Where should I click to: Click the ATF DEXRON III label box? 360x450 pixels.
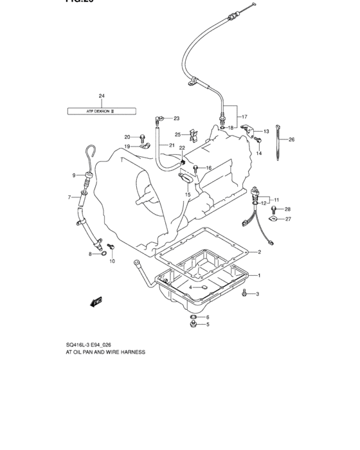(x=102, y=111)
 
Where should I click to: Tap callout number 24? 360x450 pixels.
(x=102, y=96)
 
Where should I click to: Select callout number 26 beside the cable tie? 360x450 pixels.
(x=291, y=139)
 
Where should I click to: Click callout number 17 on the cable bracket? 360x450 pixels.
(x=244, y=116)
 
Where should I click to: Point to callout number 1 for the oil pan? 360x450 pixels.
(x=259, y=276)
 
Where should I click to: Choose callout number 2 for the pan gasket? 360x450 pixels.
(x=259, y=251)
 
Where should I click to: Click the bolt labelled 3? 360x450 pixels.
(x=244, y=294)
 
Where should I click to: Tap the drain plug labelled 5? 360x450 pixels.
(x=192, y=325)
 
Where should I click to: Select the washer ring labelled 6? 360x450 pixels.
(x=192, y=317)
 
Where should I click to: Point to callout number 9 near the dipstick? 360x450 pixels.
(x=74, y=175)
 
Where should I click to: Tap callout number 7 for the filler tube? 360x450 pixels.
(x=69, y=197)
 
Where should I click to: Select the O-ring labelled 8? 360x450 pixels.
(x=103, y=255)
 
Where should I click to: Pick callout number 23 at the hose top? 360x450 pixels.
(x=158, y=118)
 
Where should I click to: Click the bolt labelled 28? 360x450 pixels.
(x=275, y=210)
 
